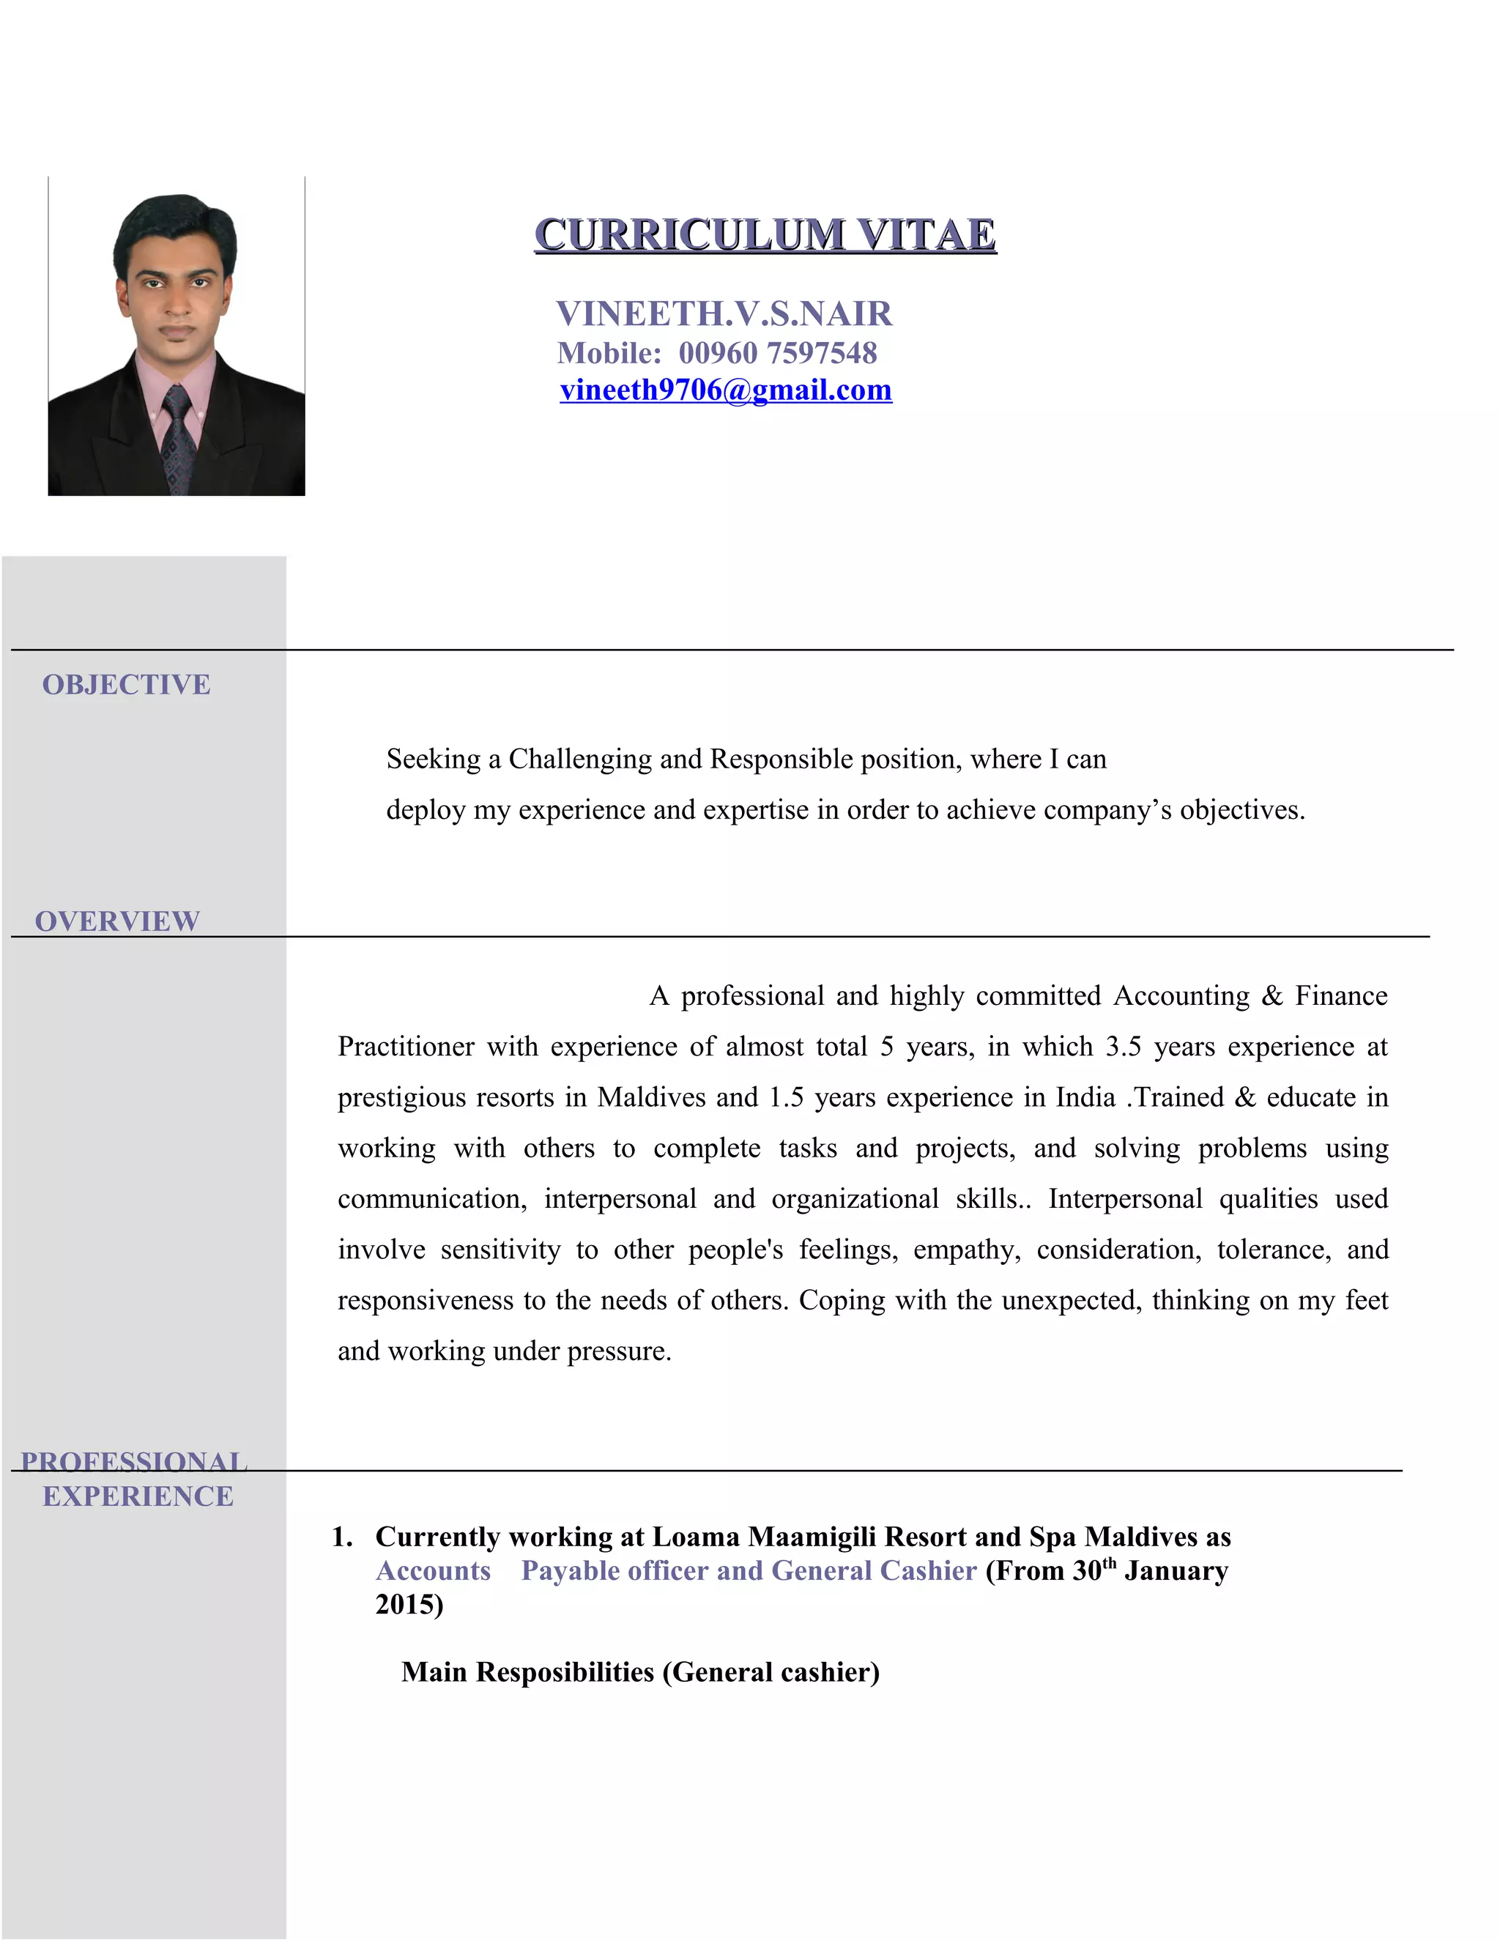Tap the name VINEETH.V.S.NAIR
click(x=724, y=313)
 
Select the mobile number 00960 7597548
click(x=778, y=353)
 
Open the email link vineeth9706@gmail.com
click(x=725, y=390)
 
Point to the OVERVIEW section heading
click(x=117, y=921)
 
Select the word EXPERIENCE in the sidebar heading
click(x=138, y=1496)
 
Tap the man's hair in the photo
click(x=175, y=222)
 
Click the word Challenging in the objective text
click(x=580, y=759)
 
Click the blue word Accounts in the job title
click(x=433, y=1570)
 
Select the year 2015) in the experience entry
click(x=409, y=1604)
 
